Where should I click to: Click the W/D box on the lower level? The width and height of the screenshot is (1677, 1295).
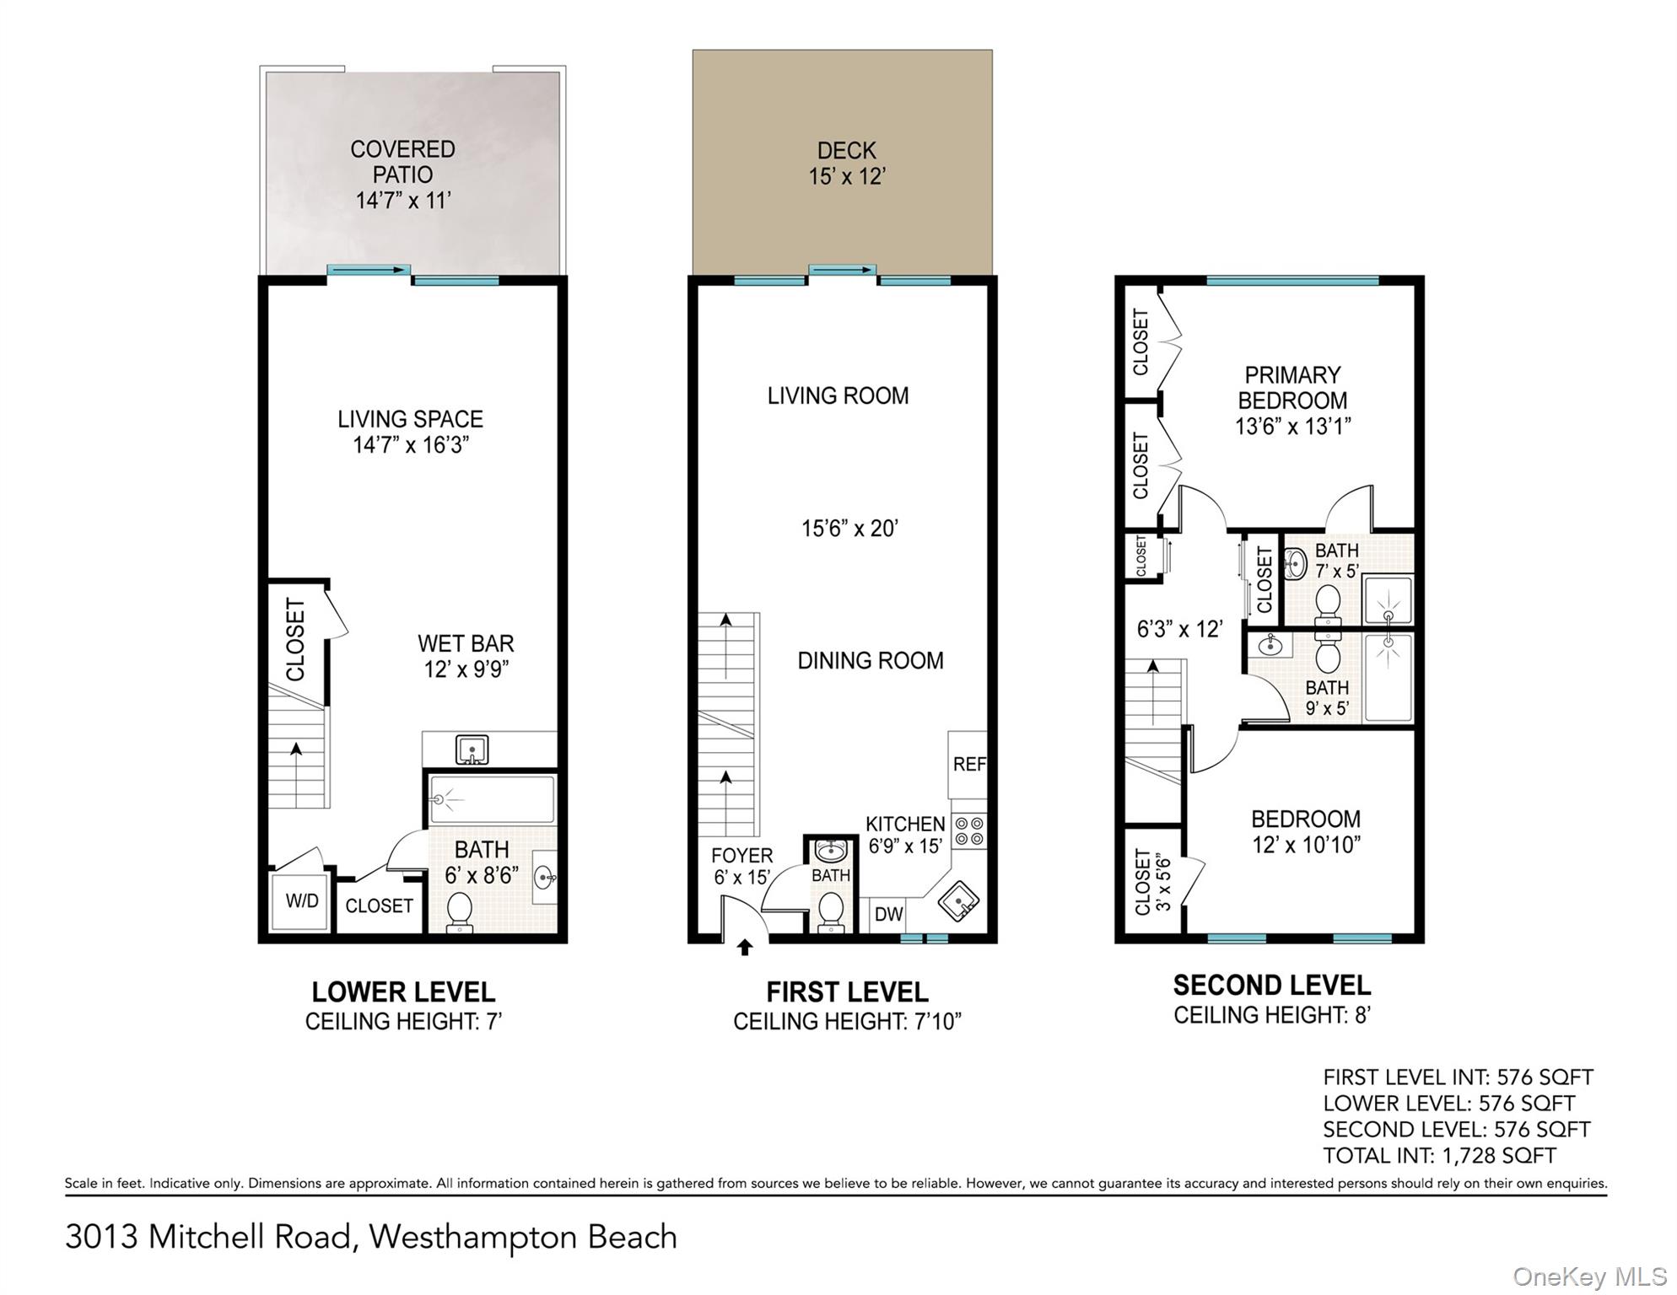point(301,900)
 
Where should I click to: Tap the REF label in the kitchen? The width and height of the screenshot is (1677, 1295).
point(969,764)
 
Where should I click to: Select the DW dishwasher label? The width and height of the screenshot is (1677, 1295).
point(889,915)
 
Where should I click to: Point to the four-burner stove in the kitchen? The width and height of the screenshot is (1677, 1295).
point(969,830)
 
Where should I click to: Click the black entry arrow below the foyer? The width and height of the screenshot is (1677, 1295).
point(744,948)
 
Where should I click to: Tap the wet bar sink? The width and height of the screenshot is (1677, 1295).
point(472,750)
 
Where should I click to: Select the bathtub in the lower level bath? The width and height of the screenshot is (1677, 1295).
point(492,799)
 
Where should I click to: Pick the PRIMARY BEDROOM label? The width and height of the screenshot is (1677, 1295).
point(1292,387)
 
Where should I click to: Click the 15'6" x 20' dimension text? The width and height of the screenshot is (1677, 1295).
point(849,529)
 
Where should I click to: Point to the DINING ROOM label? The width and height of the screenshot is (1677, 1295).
point(871,660)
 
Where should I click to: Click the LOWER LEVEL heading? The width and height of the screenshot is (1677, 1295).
point(403,991)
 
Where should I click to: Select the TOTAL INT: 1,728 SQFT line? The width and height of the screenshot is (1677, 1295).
point(1439,1155)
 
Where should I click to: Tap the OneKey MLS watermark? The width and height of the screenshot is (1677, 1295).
point(1589,1277)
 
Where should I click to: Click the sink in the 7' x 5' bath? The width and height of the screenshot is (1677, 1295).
point(1295,562)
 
